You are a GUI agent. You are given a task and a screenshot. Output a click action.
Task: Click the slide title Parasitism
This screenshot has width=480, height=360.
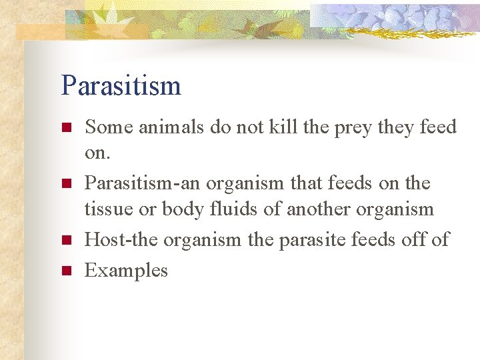[121, 85]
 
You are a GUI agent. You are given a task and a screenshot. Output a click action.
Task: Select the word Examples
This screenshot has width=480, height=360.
[126, 270]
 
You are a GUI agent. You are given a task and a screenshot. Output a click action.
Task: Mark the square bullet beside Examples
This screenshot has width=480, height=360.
[65, 271]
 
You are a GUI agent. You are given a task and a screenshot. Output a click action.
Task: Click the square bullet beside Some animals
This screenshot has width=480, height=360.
[65, 127]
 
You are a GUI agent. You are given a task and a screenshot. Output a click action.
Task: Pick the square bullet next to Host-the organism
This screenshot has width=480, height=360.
[65, 240]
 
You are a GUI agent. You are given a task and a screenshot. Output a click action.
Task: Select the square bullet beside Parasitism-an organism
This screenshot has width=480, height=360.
[65, 183]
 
